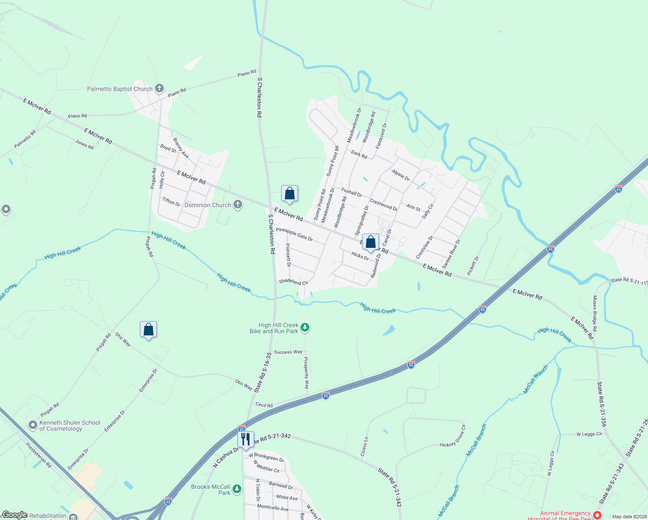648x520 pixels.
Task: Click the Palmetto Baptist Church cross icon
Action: (159, 89)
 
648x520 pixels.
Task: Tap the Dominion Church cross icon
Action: (237, 205)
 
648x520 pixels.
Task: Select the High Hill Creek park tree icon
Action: (305, 328)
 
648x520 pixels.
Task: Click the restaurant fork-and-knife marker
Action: (246, 439)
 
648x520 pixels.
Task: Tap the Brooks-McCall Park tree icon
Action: (237, 489)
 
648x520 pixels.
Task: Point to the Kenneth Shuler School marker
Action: (33, 425)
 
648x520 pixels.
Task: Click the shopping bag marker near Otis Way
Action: (148, 330)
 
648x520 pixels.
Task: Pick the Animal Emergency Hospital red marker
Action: (597, 515)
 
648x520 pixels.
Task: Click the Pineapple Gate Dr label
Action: (294, 234)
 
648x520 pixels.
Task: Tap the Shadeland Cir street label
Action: (293, 282)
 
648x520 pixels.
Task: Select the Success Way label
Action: (288, 352)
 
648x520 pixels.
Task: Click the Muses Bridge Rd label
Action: (595, 314)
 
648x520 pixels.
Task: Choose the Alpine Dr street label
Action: (401, 175)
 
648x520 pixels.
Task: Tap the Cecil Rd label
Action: (264, 405)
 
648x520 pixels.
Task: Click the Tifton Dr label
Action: (171, 201)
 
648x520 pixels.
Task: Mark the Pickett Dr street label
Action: (473, 266)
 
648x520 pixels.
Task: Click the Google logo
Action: (14, 515)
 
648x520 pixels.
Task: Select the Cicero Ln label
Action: (364, 446)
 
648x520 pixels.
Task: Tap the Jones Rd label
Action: (84, 144)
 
